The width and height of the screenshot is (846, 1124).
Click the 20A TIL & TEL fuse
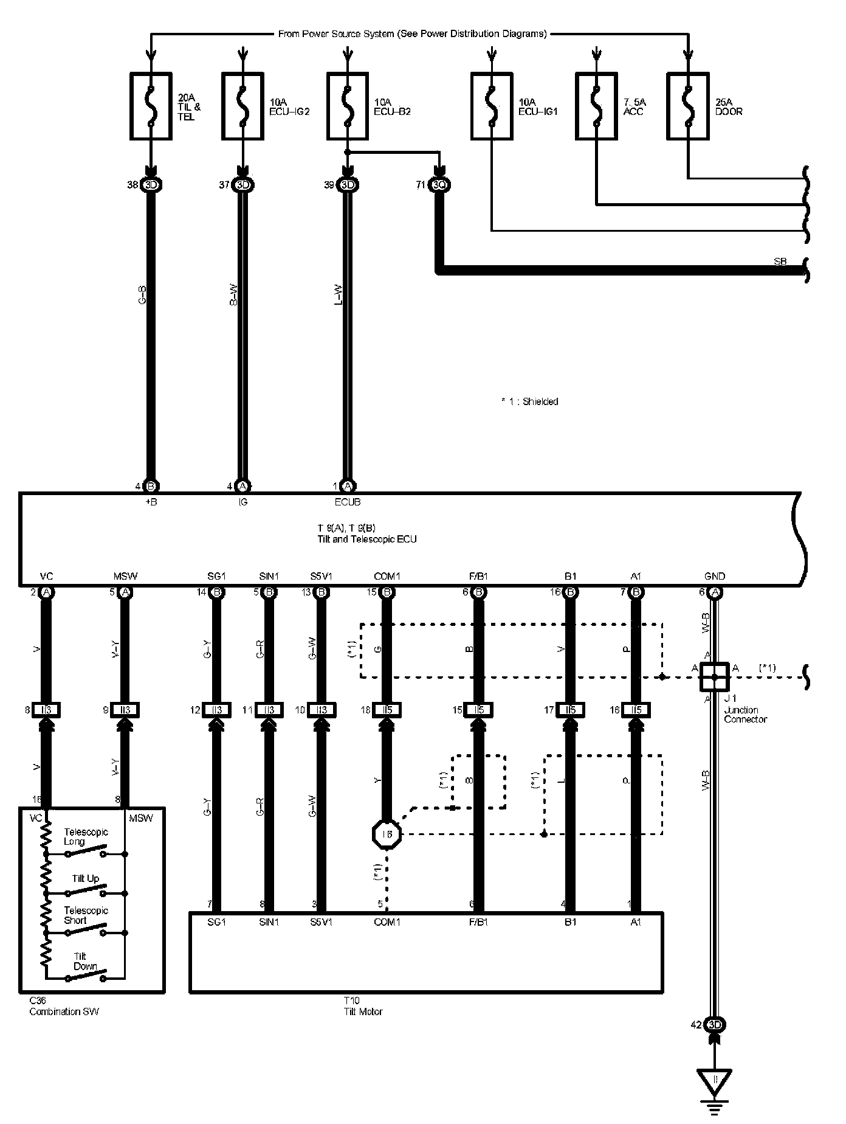point(151,106)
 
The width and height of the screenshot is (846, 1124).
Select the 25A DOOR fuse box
point(688,106)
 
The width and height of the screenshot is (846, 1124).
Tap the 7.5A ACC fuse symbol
point(597,106)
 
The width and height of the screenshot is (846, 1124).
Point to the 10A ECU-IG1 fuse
point(492,106)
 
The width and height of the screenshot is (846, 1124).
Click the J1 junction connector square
point(715,676)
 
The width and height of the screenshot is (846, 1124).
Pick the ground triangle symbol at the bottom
point(715,1080)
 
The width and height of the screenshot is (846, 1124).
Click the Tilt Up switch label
point(85,878)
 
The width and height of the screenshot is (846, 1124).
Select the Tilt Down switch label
point(85,961)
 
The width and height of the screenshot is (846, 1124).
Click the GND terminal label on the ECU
point(715,576)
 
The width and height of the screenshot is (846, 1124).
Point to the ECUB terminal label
point(347,502)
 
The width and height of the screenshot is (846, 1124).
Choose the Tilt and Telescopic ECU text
point(367,539)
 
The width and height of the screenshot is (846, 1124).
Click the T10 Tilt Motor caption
point(363,1007)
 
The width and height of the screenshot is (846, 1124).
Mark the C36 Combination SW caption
point(64,1007)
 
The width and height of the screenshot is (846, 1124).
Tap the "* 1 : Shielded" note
point(529,401)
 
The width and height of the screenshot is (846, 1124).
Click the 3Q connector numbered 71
point(439,185)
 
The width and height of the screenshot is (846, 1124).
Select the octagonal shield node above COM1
point(387,834)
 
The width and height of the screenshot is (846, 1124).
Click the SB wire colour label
point(780,262)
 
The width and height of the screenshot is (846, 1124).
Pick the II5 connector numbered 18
point(387,710)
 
